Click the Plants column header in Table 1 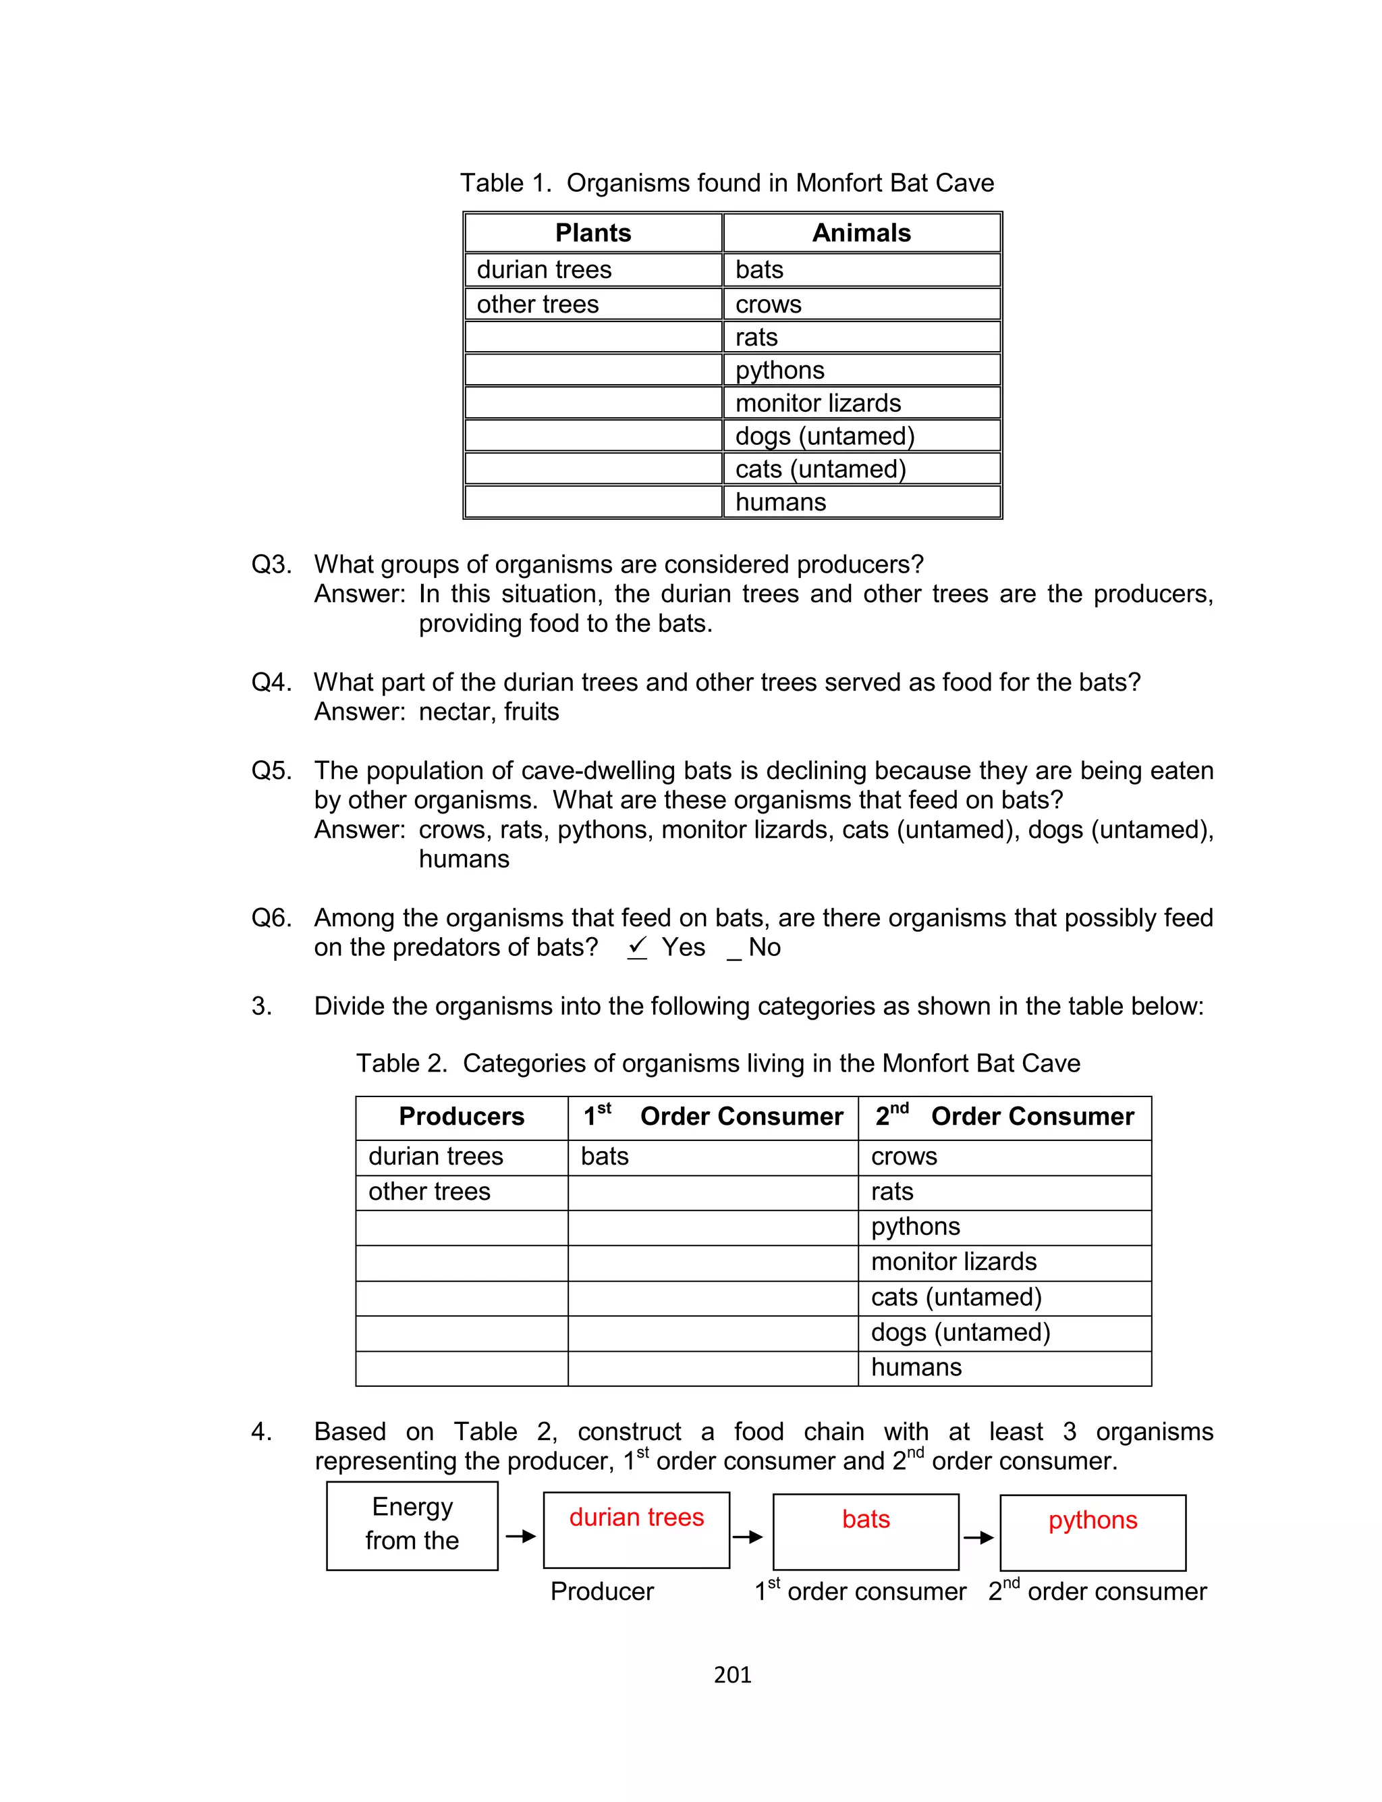pos(592,233)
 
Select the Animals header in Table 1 pos(860,233)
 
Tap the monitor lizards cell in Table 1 pos(818,403)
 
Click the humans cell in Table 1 pos(780,502)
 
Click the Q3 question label pos(271,564)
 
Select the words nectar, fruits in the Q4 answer pos(489,712)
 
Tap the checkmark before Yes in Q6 pos(637,947)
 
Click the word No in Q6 pos(764,948)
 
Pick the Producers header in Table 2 pos(461,1117)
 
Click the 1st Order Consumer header pos(713,1117)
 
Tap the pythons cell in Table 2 pos(915,1227)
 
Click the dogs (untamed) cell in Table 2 pos(960,1332)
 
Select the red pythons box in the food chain pos(1093,1532)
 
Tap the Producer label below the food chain pos(601,1591)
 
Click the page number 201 pos(732,1674)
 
